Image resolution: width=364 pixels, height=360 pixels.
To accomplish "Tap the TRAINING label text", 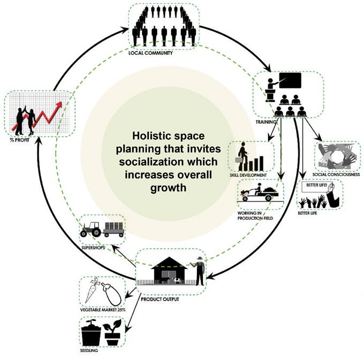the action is point(266,122).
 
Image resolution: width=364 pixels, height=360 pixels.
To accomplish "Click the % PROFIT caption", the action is point(19,141).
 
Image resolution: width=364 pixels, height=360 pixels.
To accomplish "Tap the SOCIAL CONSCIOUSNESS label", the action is point(336,174).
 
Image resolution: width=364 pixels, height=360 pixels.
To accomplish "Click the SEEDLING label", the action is point(89,351).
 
